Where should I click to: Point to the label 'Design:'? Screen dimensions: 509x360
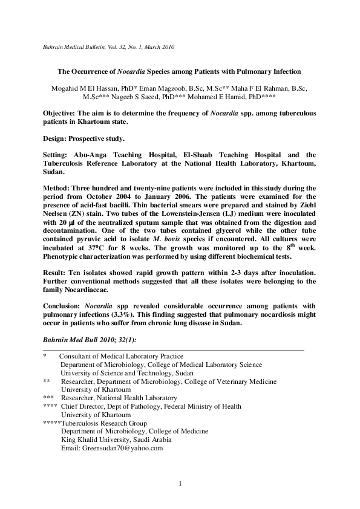click(x=58, y=138)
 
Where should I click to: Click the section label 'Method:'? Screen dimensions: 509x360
click(x=60, y=189)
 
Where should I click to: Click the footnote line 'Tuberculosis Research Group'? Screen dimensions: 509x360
click(x=102, y=423)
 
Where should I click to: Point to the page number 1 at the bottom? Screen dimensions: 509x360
click(x=180, y=484)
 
